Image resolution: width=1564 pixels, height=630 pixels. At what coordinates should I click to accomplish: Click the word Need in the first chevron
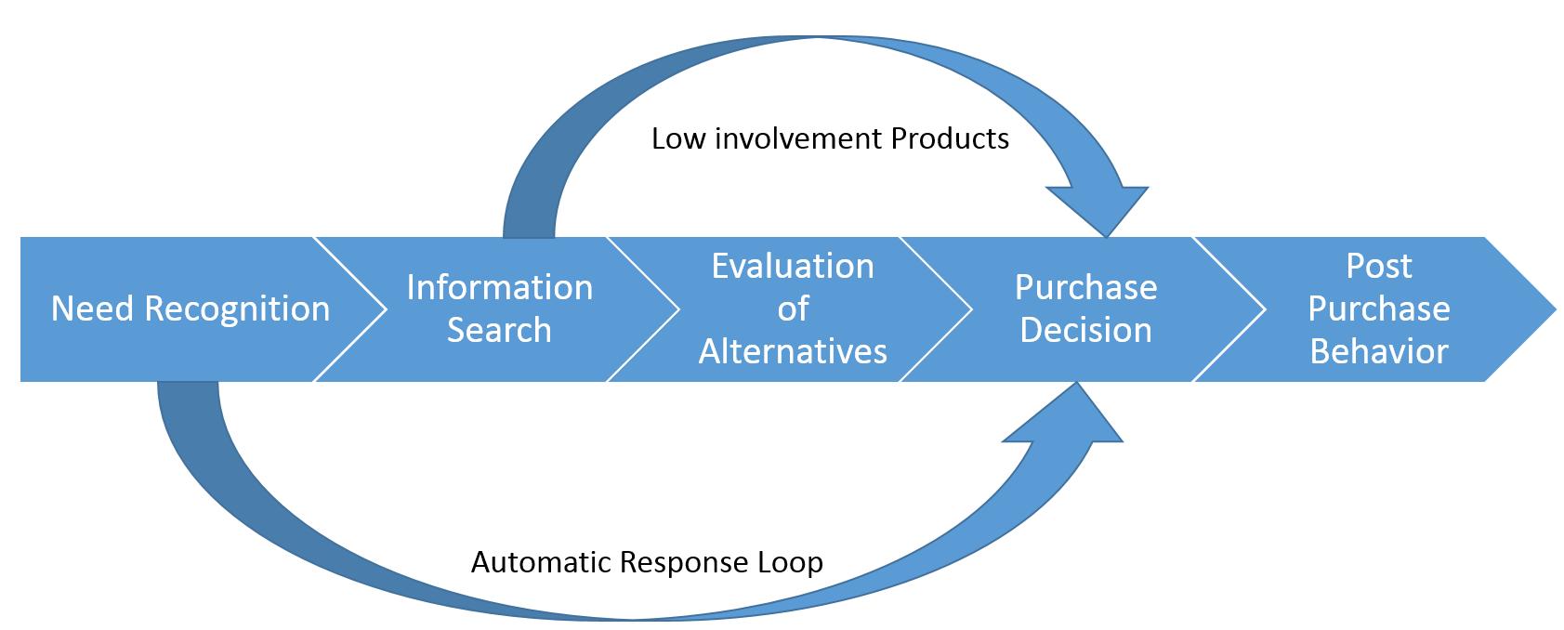pos(92,308)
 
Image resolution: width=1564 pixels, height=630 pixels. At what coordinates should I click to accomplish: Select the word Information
pos(500,287)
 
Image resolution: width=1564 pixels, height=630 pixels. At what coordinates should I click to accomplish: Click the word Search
pos(499,330)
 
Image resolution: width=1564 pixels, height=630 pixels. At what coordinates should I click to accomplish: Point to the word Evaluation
pos(793,266)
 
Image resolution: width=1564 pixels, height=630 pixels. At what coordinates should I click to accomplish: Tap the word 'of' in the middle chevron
pos(794,308)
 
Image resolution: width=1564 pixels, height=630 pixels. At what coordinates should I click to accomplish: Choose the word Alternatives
pos(793,351)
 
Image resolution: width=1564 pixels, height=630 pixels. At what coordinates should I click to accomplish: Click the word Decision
pos(1085,330)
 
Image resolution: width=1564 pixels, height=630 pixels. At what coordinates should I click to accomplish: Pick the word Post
pos(1379,266)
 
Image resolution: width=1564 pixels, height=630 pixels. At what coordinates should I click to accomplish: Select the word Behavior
pos(1379,351)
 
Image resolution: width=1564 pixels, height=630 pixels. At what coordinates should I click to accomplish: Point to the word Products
pos(950,139)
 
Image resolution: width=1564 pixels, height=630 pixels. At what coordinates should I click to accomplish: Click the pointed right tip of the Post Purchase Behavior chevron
pos(1556,308)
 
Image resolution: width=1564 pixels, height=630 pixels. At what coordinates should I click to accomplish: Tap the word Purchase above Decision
pos(1085,287)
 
